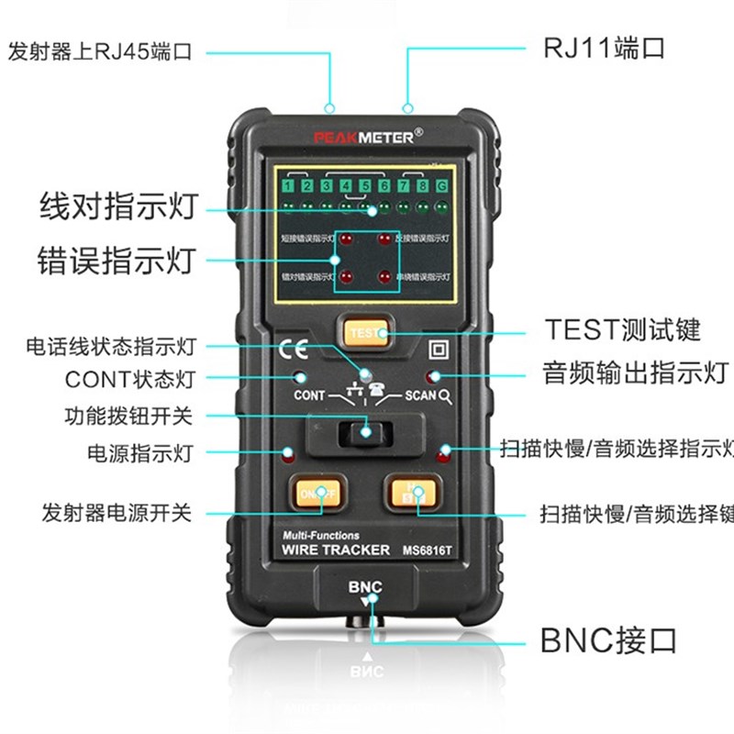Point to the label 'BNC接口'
coord(608,639)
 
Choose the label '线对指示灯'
coord(118,206)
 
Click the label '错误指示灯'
coord(117,259)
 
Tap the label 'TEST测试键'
coord(622,329)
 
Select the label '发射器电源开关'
coord(117,512)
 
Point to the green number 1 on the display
coord(288,188)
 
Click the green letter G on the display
coord(442,188)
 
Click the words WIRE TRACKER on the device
coord(334,550)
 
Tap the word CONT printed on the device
coord(309,396)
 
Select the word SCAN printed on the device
coord(419,396)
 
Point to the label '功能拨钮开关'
coord(128,415)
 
